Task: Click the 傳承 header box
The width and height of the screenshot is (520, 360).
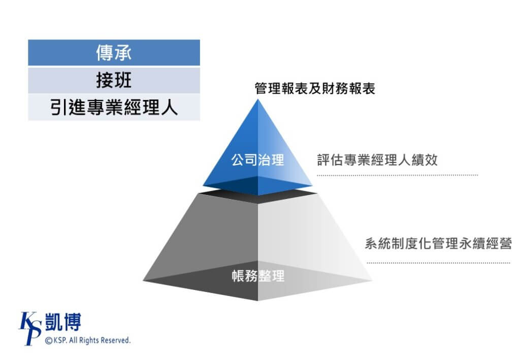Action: point(114,53)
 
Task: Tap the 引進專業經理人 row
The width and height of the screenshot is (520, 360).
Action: point(114,108)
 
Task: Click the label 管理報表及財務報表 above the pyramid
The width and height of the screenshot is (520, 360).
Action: point(315,88)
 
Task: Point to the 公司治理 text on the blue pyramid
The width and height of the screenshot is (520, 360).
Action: point(257,160)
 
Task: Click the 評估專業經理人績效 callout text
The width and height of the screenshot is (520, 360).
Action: point(377,160)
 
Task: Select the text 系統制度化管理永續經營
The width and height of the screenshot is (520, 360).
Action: point(438,244)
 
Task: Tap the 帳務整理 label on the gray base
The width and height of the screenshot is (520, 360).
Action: point(258,276)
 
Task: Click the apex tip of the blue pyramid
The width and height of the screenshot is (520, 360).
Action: point(258,99)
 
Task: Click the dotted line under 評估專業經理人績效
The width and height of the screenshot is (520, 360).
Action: point(397,175)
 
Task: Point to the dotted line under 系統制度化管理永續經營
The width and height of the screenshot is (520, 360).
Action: point(438,263)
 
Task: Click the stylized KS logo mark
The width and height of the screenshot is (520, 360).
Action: point(30,328)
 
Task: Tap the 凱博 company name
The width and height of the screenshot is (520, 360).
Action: point(63,322)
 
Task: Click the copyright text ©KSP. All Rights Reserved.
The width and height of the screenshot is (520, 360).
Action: point(87,340)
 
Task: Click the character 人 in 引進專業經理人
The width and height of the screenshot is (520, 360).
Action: point(170,108)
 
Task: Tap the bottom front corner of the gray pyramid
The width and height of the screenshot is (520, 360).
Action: point(258,301)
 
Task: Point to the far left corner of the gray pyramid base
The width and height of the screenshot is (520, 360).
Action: point(143,281)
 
